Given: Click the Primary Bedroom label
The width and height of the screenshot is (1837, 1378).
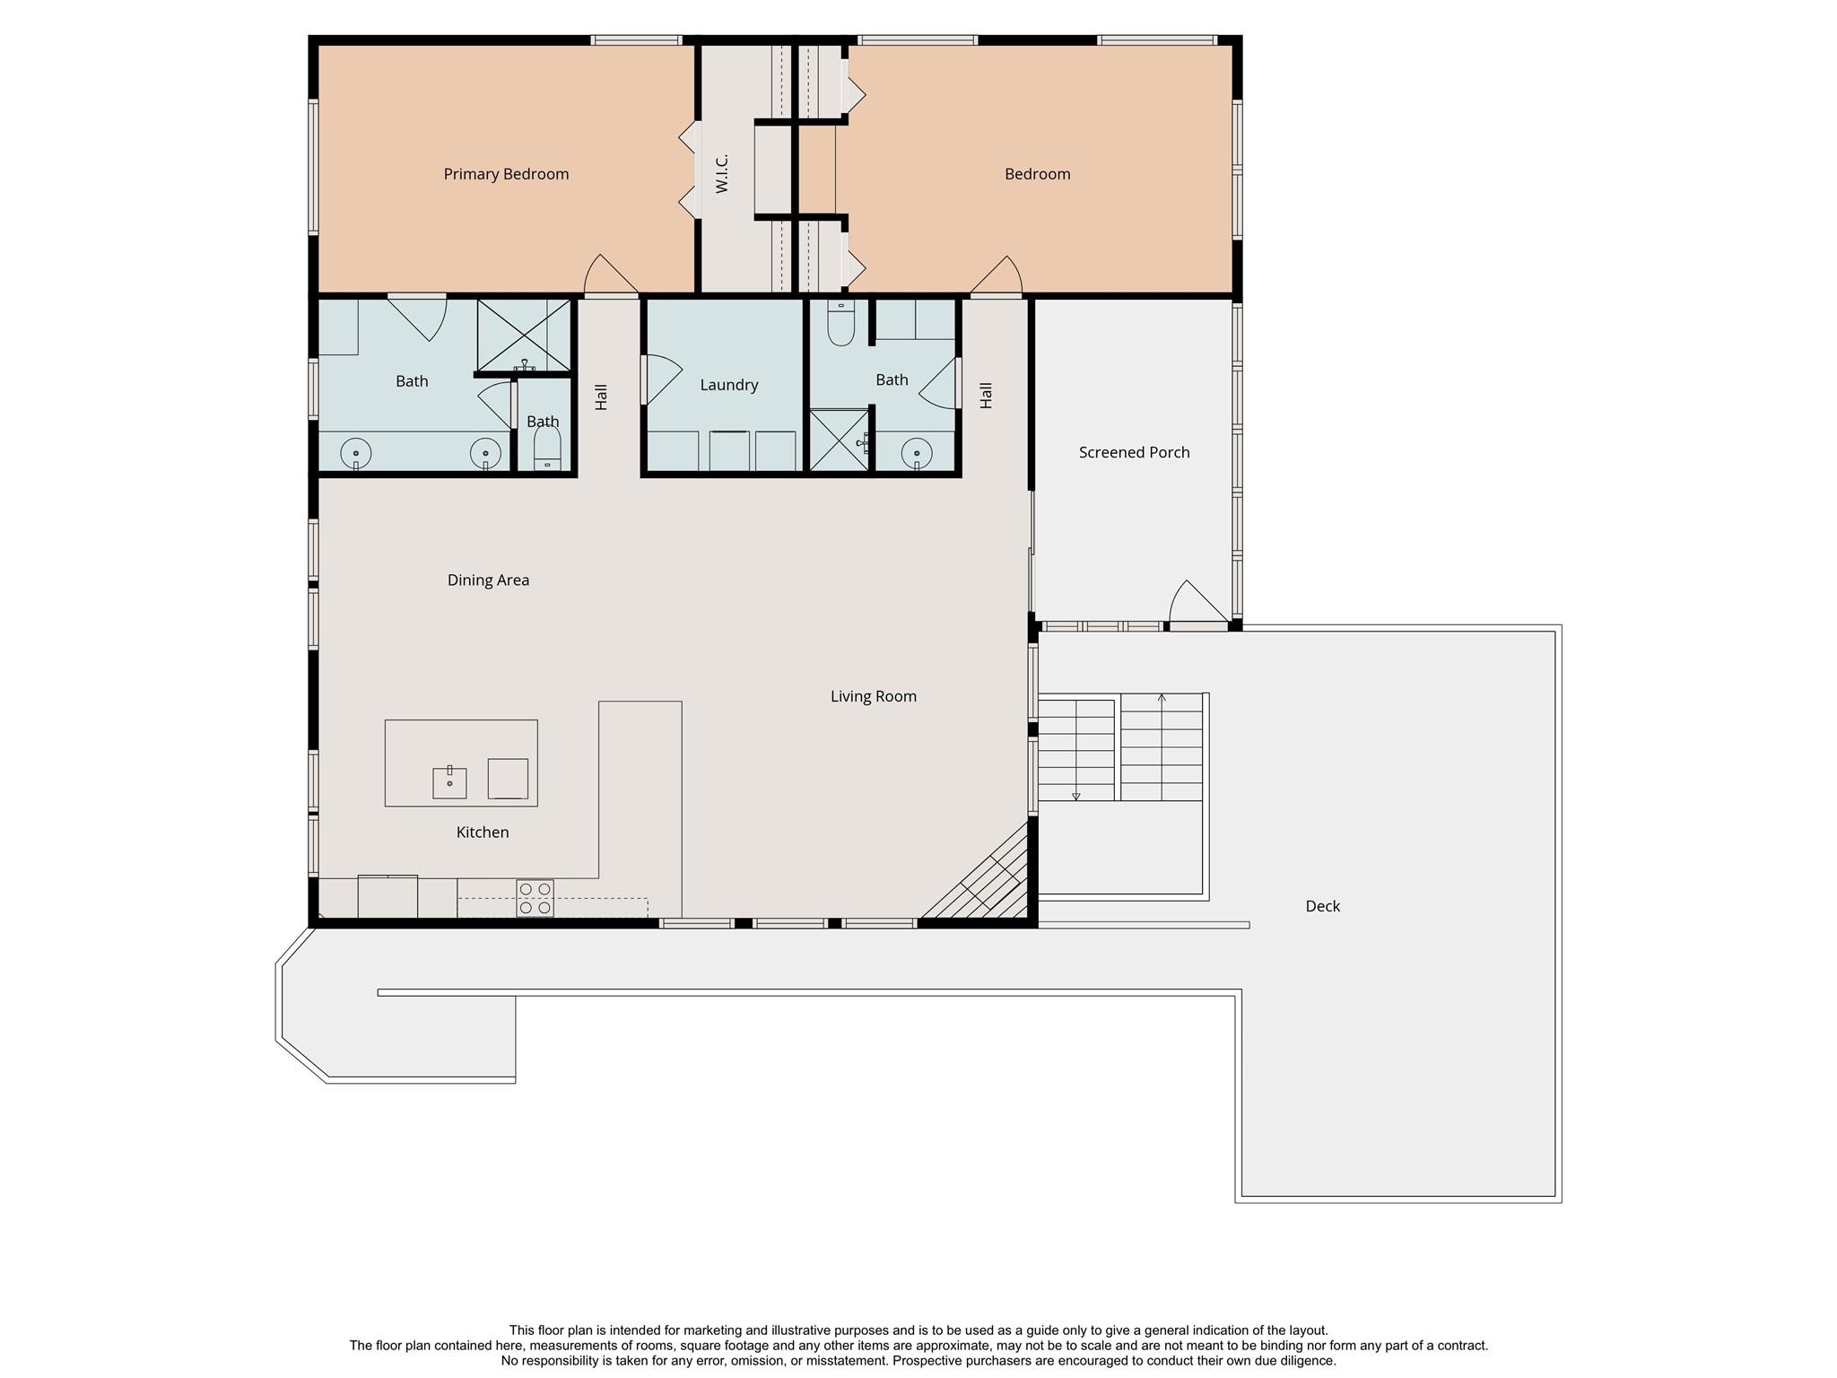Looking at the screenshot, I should click(506, 174).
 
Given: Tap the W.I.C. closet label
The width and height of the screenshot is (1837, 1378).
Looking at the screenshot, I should click(722, 173).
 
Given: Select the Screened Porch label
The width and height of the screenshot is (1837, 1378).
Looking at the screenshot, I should click(1134, 452).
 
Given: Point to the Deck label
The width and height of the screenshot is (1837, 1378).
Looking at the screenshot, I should click(1322, 906).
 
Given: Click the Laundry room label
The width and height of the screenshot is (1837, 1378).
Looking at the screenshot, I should click(728, 385).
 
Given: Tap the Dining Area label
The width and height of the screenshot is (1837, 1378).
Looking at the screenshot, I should click(488, 580).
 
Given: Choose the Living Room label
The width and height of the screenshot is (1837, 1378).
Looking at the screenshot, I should click(873, 696).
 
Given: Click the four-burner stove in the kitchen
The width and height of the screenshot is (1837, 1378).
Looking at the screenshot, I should click(535, 898).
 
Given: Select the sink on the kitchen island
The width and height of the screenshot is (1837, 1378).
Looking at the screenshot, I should click(449, 782).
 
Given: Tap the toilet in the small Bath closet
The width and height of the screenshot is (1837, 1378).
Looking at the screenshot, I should click(546, 448).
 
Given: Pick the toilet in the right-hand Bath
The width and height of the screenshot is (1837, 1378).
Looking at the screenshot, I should click(840, 325).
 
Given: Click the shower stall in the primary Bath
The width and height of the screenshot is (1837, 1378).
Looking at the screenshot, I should click(524, 335).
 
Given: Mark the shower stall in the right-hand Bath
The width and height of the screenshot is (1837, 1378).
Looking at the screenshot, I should click(839, 440).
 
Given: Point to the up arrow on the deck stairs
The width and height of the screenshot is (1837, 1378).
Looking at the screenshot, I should click(1162, 697).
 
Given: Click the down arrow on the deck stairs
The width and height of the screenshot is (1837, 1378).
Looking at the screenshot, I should click(1075, 796).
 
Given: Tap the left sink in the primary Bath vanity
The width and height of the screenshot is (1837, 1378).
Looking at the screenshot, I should click(356, 454).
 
